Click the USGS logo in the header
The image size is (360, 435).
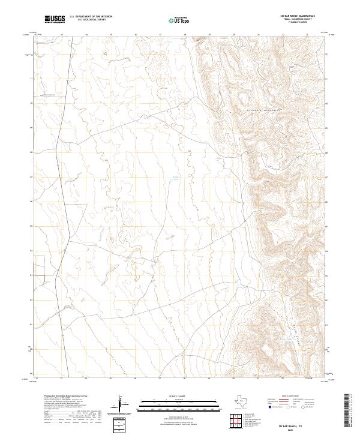coord(55,19)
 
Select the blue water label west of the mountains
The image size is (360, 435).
coord(176,177)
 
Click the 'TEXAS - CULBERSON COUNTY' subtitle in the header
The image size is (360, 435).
coord(301,20)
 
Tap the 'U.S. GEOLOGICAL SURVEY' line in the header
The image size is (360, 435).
coord(91,20)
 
